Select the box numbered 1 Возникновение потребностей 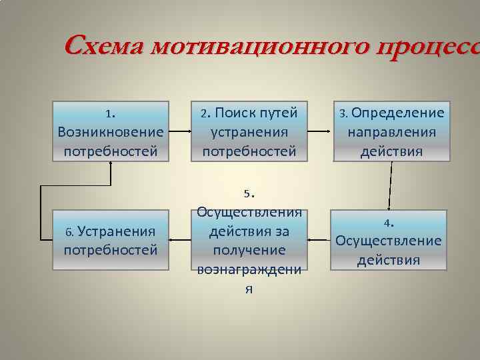[x=111, y=131]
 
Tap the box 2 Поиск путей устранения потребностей [x=249, y=131]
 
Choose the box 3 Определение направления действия [x=391, y=131]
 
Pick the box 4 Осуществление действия [x=389, y=241]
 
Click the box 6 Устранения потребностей [x=111, y=241]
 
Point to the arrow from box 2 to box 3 [x=318, y=131]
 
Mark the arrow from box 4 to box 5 [x=319, y=241]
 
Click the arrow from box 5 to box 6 [x=181, y=241]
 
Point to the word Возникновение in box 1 [x=111, y=132]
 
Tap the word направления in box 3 [x=391, y=132]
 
